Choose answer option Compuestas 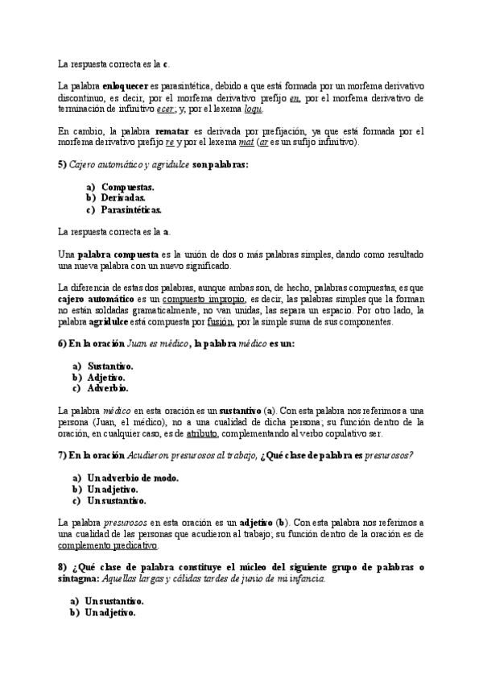coord(128,187)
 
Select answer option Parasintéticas coord(131,210)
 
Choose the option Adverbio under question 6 coord(111,387)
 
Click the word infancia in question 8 coord(308,579)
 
